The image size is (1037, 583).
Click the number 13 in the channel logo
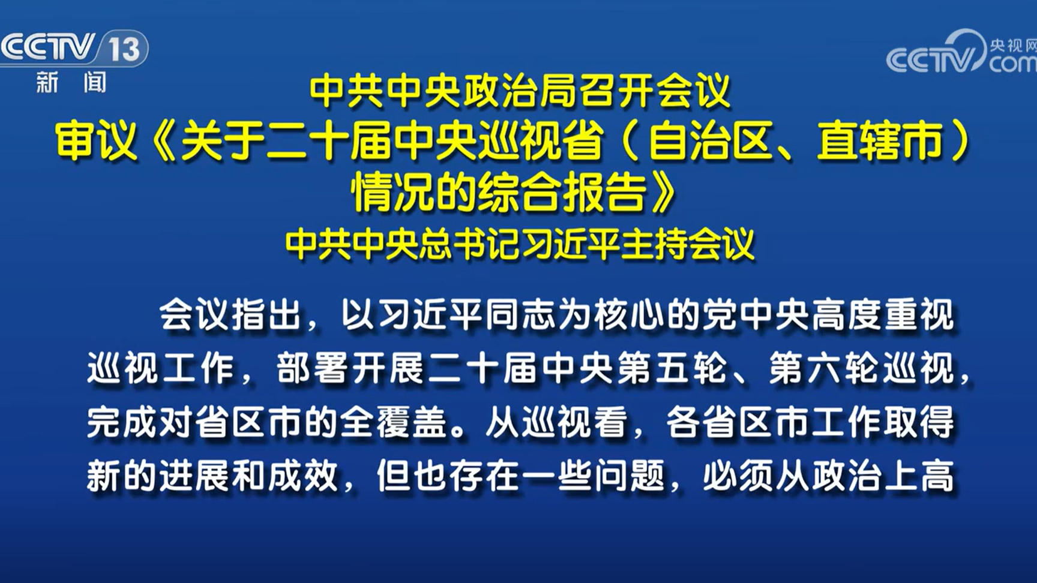(x=125, y=49)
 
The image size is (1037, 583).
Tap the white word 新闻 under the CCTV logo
(x=71, y=82)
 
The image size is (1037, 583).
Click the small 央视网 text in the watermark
(x=1013, y=46)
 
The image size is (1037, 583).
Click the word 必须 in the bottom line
(x=738, y=476)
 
